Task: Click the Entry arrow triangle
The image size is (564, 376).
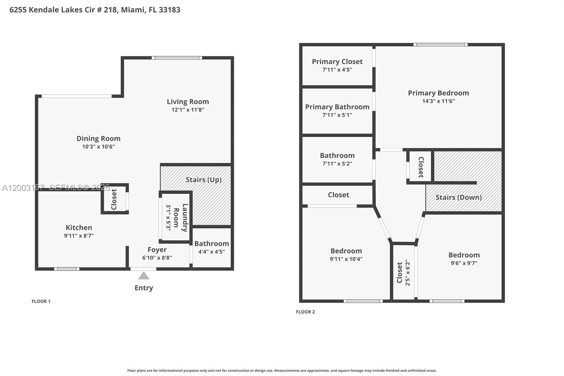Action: [143, 275]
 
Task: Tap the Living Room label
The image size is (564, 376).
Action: [188, 102]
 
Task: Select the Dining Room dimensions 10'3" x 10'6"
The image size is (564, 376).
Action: [98, 147]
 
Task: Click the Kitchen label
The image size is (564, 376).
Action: [79, 228]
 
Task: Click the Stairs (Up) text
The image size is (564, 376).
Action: [203, 180]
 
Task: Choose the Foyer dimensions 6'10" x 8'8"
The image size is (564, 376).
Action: [157, 258]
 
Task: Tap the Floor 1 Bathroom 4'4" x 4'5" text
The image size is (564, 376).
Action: [211, 252]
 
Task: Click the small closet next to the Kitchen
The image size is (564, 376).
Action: [115, 199]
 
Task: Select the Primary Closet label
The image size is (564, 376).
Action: [337, 61]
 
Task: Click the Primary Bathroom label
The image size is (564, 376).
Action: [337, 107]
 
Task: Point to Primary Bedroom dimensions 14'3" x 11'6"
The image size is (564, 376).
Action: [438, 101]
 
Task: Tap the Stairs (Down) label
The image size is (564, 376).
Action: [458, 197]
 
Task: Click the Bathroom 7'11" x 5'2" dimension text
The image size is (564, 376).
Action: [337, 164]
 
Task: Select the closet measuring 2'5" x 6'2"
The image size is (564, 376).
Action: [403, 272]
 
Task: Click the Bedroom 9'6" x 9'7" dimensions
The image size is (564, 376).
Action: [464, 263]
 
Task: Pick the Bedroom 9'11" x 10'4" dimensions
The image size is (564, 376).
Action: [346, 259]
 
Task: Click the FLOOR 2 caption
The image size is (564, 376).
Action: [305, 312]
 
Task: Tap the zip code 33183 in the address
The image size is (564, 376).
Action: [169, 10]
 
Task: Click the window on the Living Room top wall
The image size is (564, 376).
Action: [177, 57]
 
